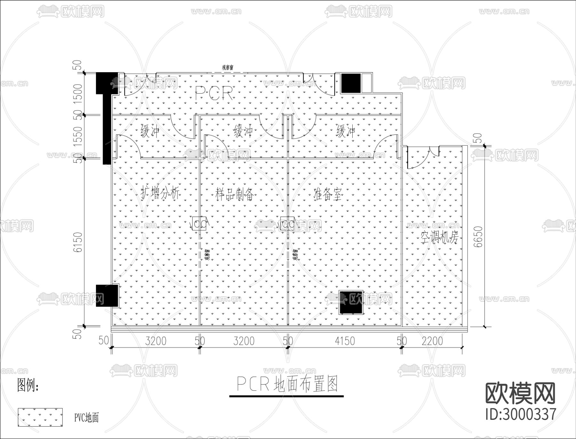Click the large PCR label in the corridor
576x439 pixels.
point(214,93)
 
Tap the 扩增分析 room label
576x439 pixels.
point(160,193)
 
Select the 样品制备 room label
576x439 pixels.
point(235,194)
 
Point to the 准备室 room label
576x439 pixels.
point(328,194)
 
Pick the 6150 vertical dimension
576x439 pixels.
point(78,242)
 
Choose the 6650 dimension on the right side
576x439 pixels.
point(478,236)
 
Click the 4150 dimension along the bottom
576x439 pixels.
point(345,341)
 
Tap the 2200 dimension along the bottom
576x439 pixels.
point(432,341)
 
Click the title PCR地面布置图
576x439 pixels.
point(287,384)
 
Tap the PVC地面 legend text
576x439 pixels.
point(86,418)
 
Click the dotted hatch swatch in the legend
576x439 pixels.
point(40,417)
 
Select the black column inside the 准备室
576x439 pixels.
point(351,302)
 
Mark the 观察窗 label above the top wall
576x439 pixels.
point(227,68)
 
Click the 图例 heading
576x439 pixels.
point(28,385)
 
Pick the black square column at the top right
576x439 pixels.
point(351,83)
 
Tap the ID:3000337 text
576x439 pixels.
point(521,414)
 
